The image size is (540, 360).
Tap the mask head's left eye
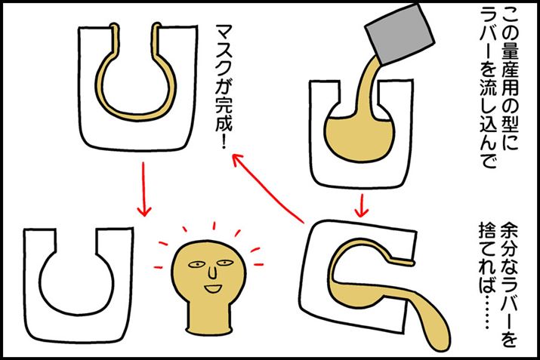click(x=196, y=265)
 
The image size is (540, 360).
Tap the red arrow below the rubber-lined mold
click(x=143, y=189)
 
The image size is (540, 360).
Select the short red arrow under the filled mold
click(x=361, y=206)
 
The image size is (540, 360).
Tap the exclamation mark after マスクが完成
click(x=224, y=141)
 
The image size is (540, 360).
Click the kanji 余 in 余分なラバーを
click(x=509, y=230)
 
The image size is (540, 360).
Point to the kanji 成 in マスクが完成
click(x=224, y=123)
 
